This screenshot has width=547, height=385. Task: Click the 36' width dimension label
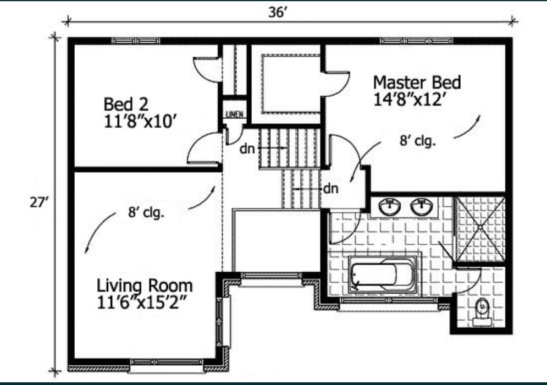pos(278,12)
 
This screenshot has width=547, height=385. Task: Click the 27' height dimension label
pos(38,202)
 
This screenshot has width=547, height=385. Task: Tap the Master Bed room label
pos(417,82)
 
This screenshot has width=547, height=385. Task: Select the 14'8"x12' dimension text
pos(410,100)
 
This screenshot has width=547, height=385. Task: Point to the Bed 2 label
pos(126,105)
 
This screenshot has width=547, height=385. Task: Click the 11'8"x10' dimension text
pos(139,122)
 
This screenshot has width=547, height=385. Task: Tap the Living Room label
pos(145,286)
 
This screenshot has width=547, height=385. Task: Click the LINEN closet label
pos(234,114)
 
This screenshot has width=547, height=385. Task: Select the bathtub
pos(383,274)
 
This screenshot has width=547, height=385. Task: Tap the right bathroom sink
pos(422,207)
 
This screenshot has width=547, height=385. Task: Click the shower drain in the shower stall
pos(480,228)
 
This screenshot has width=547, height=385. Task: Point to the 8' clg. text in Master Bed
pos(418,141)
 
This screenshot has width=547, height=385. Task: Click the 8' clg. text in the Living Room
pos(146,212)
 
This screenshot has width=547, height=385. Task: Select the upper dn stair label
pos(247,149)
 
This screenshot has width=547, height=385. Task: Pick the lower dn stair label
pos(331,189)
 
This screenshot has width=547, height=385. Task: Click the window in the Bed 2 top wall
pos(136,41)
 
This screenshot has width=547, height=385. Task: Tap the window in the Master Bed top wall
pos(417,41)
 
